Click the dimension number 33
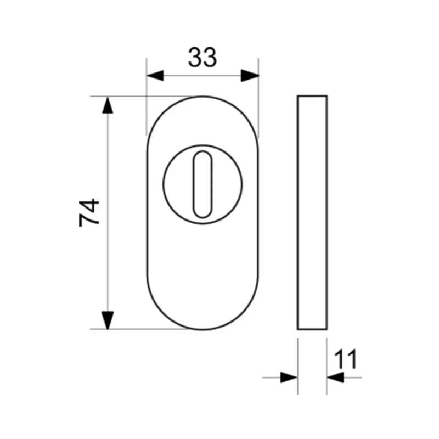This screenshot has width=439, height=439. click(202, 58)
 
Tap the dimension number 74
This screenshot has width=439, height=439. click(89, 212)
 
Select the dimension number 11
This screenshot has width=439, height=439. click(346, 359)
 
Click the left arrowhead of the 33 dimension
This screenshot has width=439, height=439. click(155, 76)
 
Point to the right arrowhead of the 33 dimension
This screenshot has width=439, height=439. click(250, 76)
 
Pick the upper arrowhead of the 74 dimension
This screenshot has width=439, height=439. click(108, 105)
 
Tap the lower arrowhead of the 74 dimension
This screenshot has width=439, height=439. click(108, 320)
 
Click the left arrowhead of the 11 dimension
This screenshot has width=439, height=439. click(289, 378)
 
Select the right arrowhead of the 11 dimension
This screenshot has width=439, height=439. click(335, 378)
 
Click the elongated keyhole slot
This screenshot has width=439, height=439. click(202, 184)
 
